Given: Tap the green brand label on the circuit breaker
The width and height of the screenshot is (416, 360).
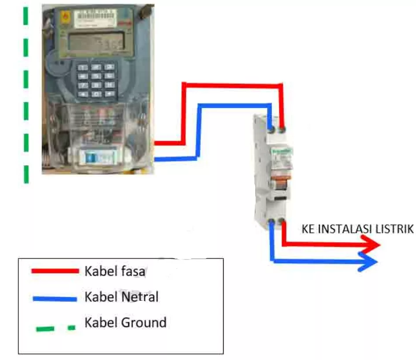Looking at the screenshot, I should (280, 151).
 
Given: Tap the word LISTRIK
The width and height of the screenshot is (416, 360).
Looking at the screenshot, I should (398, 229).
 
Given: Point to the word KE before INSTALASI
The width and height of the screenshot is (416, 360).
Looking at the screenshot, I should (307, 229).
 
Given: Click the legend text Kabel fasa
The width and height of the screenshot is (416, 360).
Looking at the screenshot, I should (115, 271).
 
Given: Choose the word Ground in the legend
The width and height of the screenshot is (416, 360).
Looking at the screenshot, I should (145, 323).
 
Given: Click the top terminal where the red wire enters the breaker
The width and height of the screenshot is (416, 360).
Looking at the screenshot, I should (282, 129).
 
